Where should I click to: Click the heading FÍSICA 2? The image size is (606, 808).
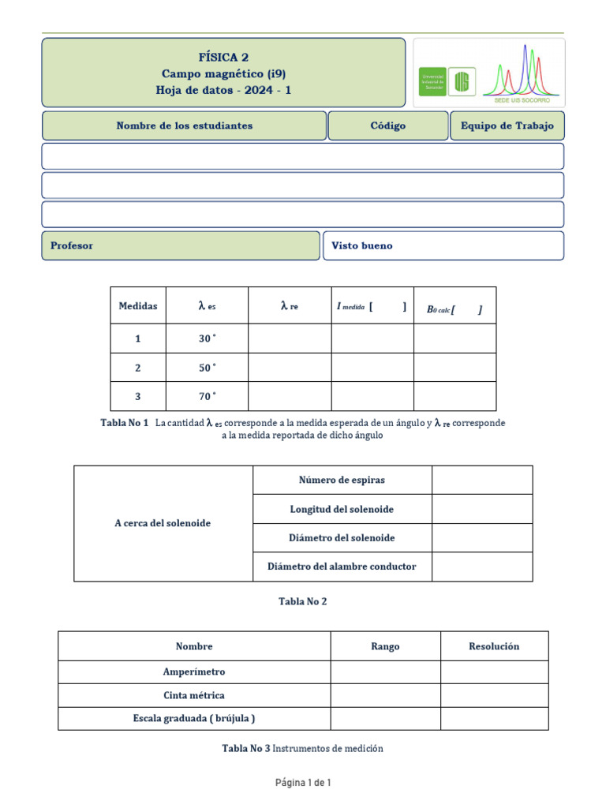[x=223, y=57]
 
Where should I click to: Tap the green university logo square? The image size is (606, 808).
[x=432, y=81]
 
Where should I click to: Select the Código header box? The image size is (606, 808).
[x=387, y=125]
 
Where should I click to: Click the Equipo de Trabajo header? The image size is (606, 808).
[x=507, y=125]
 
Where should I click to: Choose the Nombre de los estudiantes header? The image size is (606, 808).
[x=184, y=125]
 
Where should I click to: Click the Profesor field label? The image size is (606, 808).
[x=72, y=245]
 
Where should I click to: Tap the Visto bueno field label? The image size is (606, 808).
[x=361, y=245]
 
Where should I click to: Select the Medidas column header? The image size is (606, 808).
[x=138, y=306]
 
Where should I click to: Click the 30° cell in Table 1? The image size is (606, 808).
[x=207, y=339]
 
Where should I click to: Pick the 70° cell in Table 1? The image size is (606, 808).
[x=207, y=396]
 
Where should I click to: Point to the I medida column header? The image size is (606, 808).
[x=372, y=307]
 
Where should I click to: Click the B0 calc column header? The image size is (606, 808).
[x=454, y=309]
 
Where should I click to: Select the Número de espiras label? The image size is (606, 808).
[x=342, y=480]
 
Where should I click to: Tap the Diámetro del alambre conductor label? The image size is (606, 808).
[x=342, y=567]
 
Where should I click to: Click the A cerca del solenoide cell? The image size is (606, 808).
[x=163, y=523]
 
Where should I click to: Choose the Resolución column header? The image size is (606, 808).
[x=494, y=646]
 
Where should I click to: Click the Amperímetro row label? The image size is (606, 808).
[x=194, y=672]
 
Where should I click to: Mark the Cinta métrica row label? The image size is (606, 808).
[x=194, y=695]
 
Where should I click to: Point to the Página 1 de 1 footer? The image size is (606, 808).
[x=303, y=783]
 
